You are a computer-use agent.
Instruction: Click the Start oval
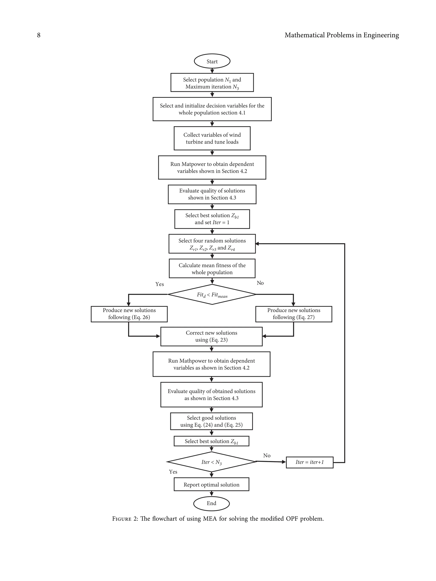click(x=212, y=61)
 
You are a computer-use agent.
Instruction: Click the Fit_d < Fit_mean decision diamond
click(x=212, y=294)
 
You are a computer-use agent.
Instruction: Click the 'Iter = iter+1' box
click(x=309, y=462)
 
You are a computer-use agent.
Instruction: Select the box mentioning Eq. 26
click(x=129, y=314)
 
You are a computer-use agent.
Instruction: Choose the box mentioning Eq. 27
click(x=294, y=314)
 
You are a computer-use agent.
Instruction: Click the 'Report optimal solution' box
click(x=211, y=485)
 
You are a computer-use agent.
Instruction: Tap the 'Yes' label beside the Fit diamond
click(x=159, y=284)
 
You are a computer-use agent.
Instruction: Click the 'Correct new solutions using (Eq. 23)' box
click(x=211, y=337)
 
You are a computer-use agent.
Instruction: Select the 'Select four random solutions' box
click(x=212, y=244)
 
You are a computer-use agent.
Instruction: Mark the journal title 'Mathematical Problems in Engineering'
click(x=341, y=35)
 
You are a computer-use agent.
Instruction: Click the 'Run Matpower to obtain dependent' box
click(x=212, y=168)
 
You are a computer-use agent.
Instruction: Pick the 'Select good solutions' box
click(x=211, y=421)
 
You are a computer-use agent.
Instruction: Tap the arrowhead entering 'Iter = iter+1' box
click(x=284, y=462)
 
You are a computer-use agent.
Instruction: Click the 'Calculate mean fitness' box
click(x=212, y=268)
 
